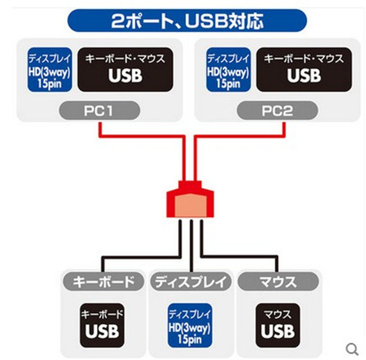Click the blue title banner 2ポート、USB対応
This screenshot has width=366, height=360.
pyautogui.click(x=186, y=21)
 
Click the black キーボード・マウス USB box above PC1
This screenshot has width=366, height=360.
pyautogui.click(x=125, y=70)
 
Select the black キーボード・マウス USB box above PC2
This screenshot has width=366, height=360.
pyautogui.click(x=304, y=70)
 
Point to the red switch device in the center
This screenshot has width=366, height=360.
pyautogui.click(x=191, y=201)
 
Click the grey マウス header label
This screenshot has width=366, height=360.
pyautogui.click(x=278, y=282)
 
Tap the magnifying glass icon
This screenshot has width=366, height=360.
pyautogui.click(x=353, y=348)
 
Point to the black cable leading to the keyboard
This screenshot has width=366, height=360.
pyautogui.click(x=135, y=257)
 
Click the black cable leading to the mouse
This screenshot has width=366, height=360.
pyautogui.click(x=243, y=257)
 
